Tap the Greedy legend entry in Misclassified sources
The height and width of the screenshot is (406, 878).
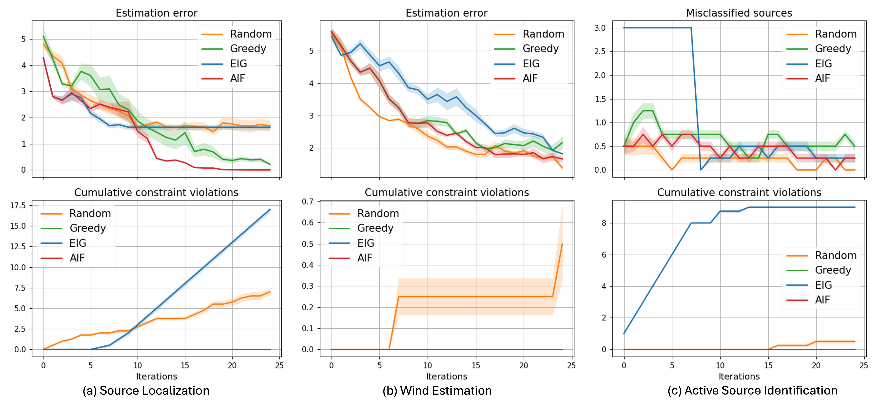tap(833, 49)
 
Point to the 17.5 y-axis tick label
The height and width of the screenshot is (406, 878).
tap(18, 205)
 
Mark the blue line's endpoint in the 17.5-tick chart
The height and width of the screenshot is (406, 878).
tap(270, 210)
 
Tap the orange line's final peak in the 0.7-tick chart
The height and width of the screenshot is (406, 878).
tap(562, 244)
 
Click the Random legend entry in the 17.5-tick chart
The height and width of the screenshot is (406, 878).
tap(90, 214)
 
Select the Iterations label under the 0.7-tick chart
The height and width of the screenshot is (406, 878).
tap(446, 376)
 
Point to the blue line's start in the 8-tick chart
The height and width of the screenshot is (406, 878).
tap(624, 333)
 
